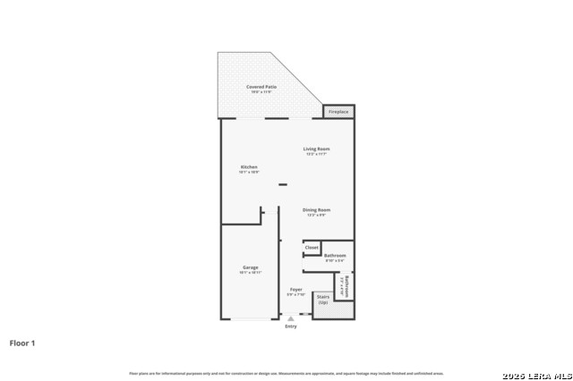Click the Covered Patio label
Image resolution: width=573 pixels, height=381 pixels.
(x=261, y=87)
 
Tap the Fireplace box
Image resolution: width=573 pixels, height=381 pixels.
(x=338, y=112)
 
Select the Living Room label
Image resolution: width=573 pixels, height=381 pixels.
(x=316, y=148)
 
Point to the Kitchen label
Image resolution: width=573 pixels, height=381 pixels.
(x=249, y=167)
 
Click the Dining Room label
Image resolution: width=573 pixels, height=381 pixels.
(x=316, y=210)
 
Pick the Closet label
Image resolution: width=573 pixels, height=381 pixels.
(x=312, y=247)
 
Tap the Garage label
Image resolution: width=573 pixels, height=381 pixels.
(x=250, y=267)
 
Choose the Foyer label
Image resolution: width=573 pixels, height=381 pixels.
(x=295, y=290)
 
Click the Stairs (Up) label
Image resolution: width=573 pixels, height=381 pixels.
(x=323, y=300)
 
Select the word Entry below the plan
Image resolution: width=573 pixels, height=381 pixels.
(x=291, y=326)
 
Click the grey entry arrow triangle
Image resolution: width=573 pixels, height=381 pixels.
(x=290, y=317)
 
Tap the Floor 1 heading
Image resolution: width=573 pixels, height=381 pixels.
(x=22, y=343)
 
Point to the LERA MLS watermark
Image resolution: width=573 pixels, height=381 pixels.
(x=536, y=374)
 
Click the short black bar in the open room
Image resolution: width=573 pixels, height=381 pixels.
(x=282, y=185)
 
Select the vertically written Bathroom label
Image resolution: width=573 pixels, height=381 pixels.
(x=346, y=286)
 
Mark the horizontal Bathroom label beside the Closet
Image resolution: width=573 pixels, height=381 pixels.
(x=335, y=256)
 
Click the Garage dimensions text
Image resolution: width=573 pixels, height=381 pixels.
(x=250, y=273)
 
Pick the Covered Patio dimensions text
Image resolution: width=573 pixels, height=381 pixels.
(x=261, y=92)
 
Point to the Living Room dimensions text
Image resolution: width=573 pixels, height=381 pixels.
(x=316, y=154)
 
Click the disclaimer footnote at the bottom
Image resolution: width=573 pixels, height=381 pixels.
(x=286, y=373)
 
